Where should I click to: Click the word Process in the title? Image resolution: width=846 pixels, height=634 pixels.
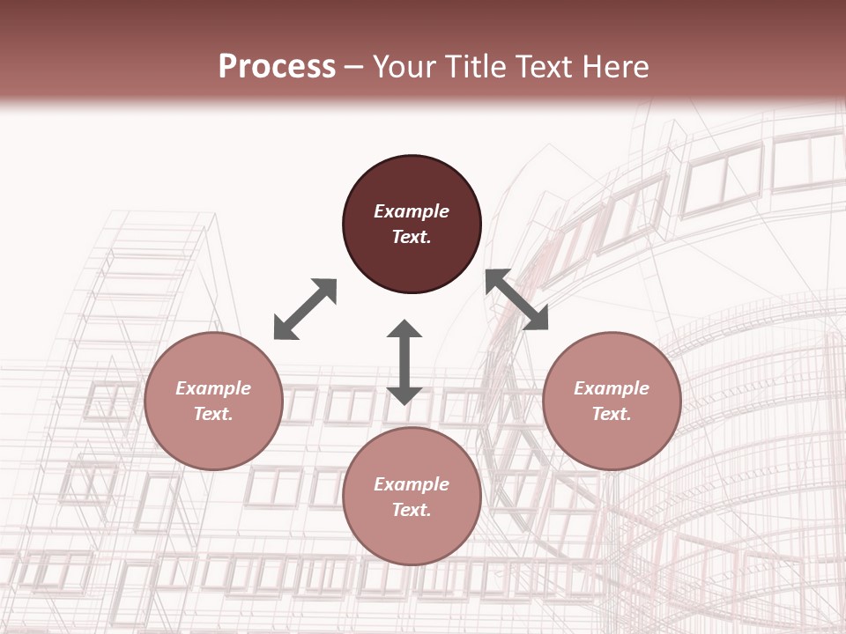(277, 67)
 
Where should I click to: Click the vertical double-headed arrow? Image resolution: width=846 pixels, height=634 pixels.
(404, 362)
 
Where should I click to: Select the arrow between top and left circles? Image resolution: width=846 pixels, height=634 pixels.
(305, 309)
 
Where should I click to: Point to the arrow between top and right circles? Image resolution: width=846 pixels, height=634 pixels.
(516, 299)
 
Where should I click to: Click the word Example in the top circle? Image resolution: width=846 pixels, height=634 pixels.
(412, 211)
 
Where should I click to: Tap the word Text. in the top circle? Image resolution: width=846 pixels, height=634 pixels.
(412, 237)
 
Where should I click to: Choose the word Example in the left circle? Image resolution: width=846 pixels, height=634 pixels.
(213, 388)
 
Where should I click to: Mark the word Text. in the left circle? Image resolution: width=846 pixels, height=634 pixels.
(213, 414)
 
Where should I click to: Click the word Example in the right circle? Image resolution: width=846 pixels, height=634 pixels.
(612, 388)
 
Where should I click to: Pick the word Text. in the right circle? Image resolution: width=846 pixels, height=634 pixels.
(612, 414)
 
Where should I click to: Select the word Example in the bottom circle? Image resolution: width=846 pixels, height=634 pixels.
(412, 484)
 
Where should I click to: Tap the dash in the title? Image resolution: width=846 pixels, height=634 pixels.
(354, 68)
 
